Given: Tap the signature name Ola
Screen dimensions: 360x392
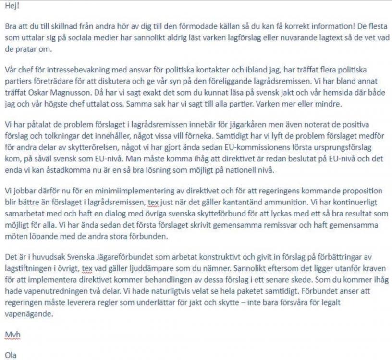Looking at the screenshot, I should (x=10, y=356).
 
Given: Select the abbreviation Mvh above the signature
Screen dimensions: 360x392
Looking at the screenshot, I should (x=12, y=333).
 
